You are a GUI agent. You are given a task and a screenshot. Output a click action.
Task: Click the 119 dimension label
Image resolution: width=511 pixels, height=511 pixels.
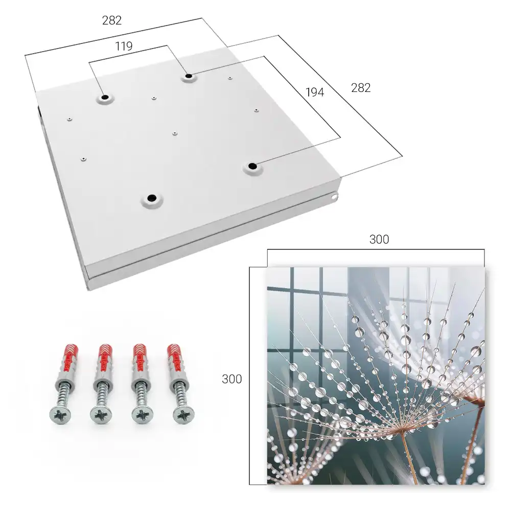pos(124,47)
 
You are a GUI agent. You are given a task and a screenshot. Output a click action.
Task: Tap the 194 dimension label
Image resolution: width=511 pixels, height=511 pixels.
pos(315,92)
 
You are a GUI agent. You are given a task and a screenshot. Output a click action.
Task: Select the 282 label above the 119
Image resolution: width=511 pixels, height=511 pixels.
pos(112,20)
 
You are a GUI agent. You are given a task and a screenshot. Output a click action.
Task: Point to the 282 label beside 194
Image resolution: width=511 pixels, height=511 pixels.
pos(361,88)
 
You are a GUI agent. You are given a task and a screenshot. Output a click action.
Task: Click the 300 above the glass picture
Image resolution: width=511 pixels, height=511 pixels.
pos(379,240)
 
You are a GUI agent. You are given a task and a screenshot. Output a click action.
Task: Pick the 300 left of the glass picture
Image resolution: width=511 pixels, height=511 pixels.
pos(231,379)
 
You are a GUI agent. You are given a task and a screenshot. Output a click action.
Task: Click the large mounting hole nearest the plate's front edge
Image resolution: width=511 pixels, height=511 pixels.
pos(152,198)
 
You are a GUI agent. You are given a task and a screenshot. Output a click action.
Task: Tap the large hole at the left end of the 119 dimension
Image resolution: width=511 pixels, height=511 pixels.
pos(105,97)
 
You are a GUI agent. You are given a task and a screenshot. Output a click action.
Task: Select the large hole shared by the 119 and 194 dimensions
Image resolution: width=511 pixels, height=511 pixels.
pos(189,76)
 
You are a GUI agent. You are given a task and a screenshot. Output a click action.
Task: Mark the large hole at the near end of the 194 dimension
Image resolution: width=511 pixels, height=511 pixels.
pos(252,166)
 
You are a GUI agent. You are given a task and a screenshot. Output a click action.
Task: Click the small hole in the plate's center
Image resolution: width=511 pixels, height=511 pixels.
pos(175,133)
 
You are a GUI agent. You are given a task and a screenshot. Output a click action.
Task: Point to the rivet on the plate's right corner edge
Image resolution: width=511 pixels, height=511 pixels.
pos(334,197)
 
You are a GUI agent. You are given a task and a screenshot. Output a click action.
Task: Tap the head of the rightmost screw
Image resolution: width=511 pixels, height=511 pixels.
pos(183,415)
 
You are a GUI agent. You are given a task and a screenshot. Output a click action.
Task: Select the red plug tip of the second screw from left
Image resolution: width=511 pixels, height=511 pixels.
pos(106,357)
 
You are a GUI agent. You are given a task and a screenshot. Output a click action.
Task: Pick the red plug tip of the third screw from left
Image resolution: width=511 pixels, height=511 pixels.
pos(141,357)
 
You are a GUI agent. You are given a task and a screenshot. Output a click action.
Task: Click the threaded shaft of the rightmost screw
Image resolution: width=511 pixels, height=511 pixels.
pos(180,394)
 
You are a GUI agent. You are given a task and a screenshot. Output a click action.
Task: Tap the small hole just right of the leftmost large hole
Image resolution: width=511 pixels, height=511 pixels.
pos(154,98)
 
